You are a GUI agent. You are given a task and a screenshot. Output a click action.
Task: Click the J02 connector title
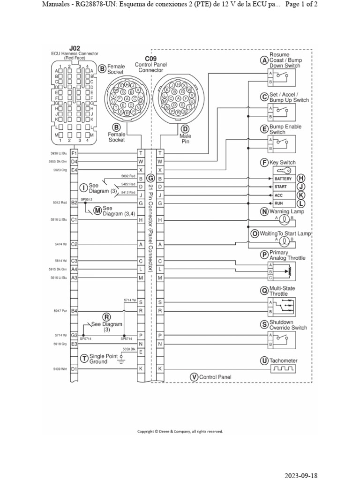(75, 48)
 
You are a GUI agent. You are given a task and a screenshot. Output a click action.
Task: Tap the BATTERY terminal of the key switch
(283, 179)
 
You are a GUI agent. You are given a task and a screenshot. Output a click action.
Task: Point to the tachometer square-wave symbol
(282, 370)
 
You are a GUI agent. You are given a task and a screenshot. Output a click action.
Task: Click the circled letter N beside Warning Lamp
(264, 211)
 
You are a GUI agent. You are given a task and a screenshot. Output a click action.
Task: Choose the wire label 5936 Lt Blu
(58, 153)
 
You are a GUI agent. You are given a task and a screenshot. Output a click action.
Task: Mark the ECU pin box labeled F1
(74, 153)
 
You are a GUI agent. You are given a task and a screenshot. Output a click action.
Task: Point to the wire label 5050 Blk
(128, 349)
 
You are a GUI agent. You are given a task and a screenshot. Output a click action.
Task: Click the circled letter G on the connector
(150, 178)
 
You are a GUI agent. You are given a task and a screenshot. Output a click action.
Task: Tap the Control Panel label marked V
(215, 377)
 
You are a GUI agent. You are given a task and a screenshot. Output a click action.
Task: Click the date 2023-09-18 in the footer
(301, 475)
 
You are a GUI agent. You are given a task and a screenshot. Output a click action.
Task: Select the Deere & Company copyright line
(180, 431)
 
